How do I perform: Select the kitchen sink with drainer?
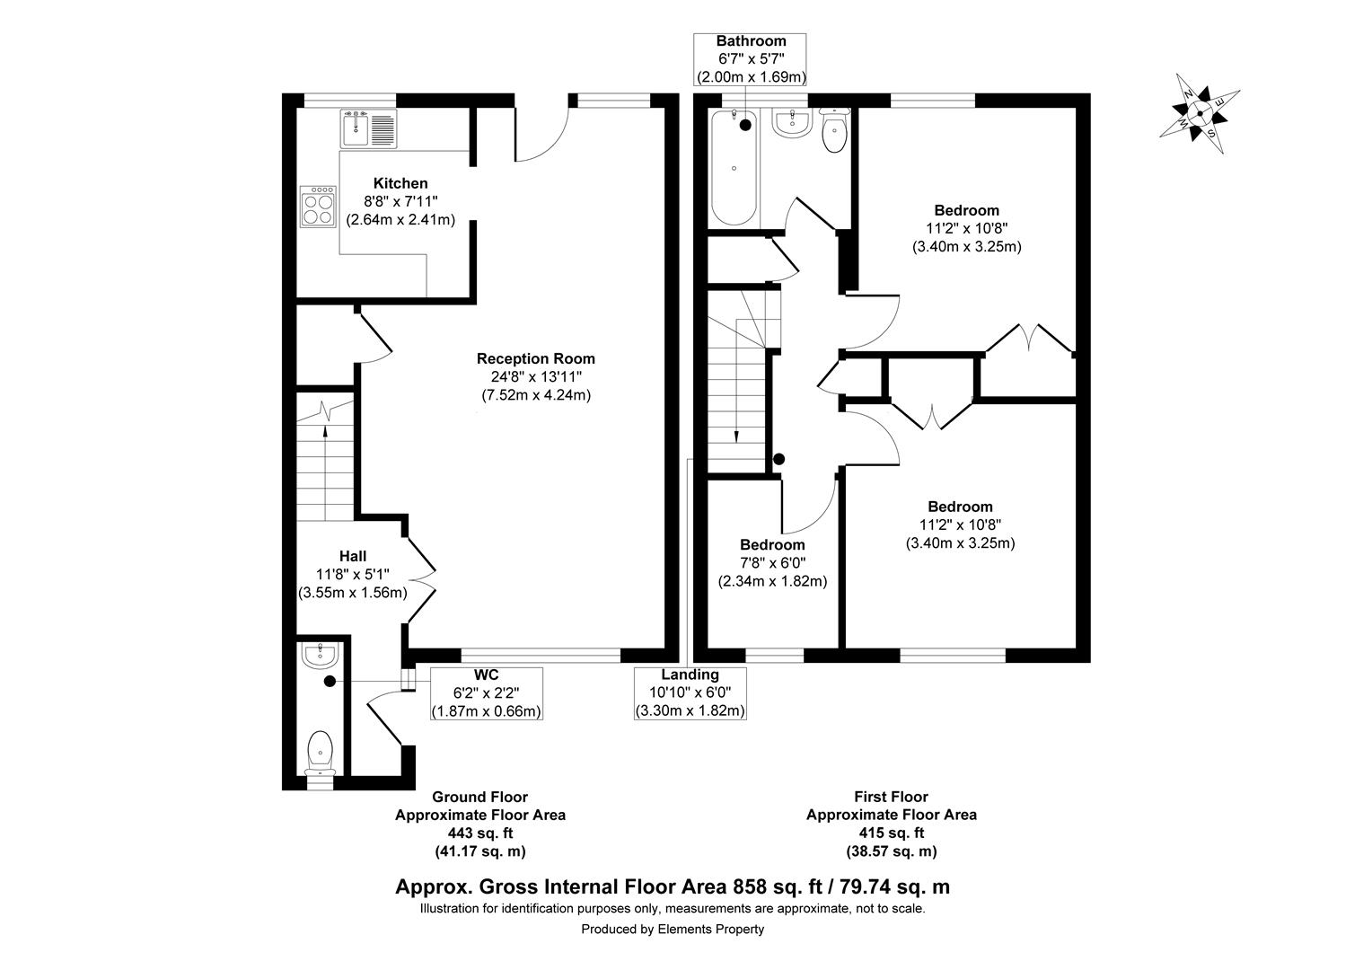[x=367, y=128]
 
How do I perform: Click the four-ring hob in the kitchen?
[x=318, y=207]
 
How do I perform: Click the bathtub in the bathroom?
[x=735, y=167]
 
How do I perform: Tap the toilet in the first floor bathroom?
[x=835, y=131]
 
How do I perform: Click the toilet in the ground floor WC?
[x=320, y=752]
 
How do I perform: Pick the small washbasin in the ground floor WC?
[x=320, y=657]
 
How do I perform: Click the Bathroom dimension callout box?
[x=751, y=59]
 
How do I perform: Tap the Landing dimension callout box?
[x=690, y=692]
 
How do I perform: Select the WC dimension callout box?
[x=487, y=692]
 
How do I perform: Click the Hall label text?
[x=352, y=556]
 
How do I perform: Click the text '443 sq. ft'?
[x=480, y=833]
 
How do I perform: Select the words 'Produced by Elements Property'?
[x=673, y=930]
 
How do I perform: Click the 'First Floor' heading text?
[x=891, y=797]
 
